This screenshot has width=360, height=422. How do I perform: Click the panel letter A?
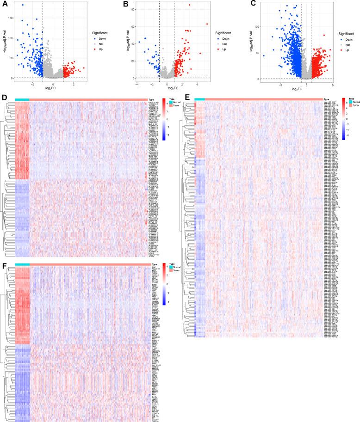point(4,4)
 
